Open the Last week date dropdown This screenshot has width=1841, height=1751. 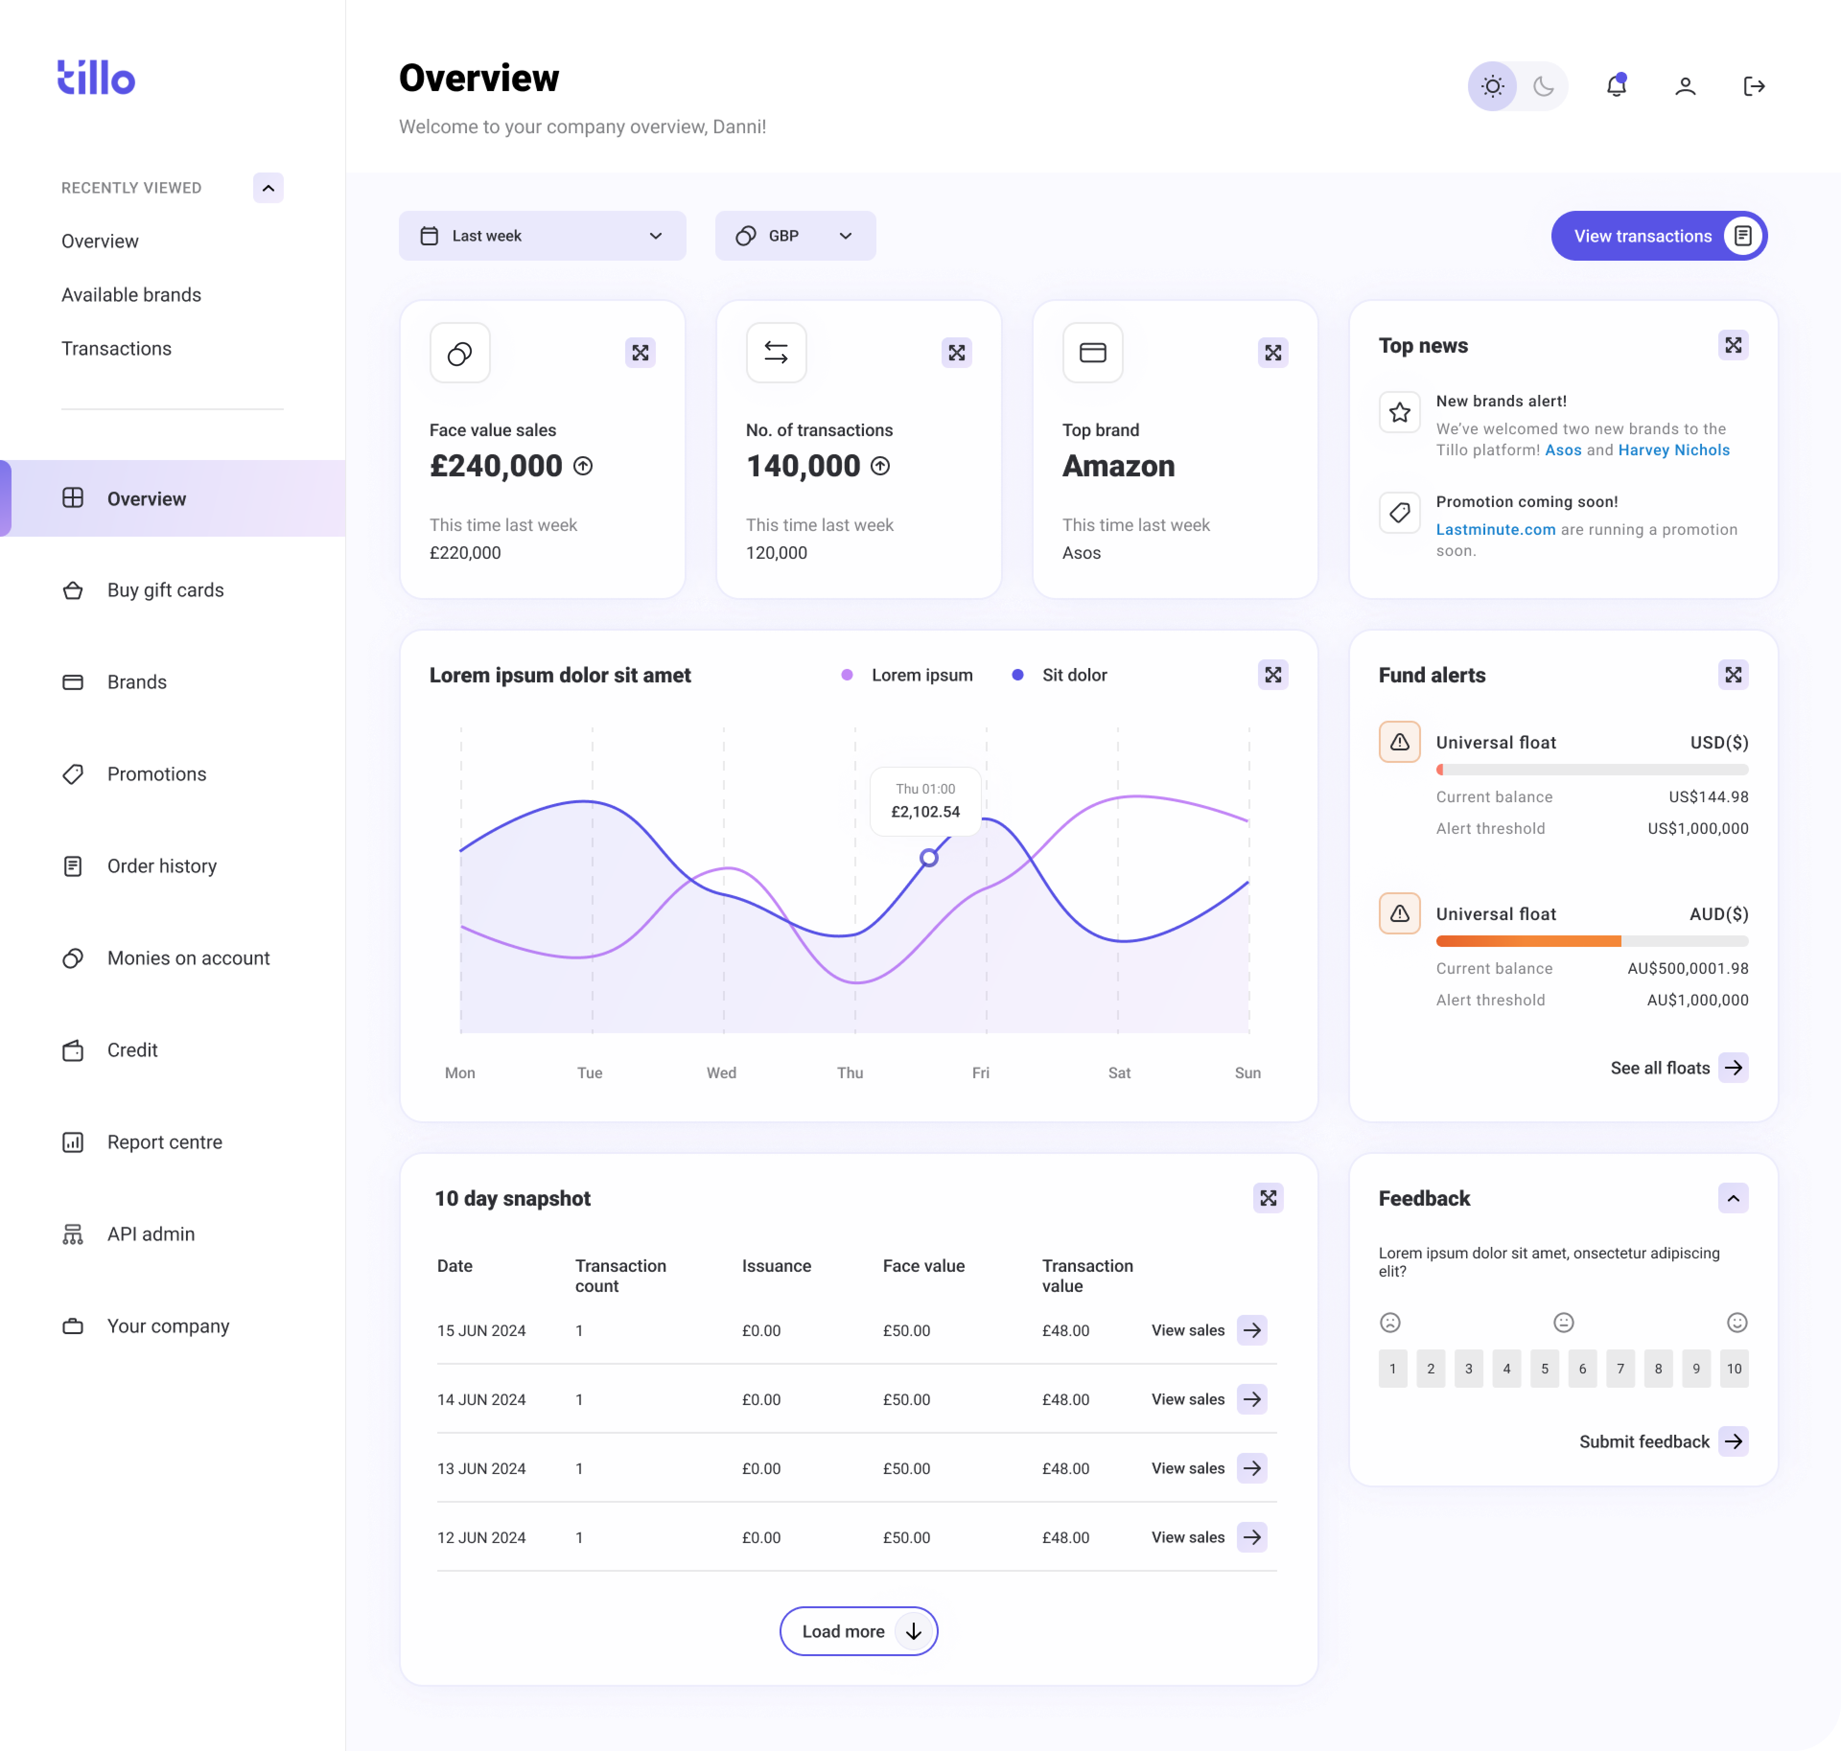tap(541, 236)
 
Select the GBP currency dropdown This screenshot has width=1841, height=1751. tap(794, 236)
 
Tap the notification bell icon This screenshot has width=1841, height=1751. tap(1616, 86)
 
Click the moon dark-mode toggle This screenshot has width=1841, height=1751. tap(1543, 86)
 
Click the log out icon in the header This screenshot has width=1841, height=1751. tap(1754, 86)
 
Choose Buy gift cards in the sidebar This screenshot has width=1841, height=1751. tap(165, 590)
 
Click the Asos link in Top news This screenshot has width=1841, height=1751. tap(1563, 450)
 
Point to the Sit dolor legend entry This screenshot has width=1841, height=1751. tap(1073, 675)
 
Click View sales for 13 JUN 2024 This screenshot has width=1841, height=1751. tap(1251, 1468)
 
